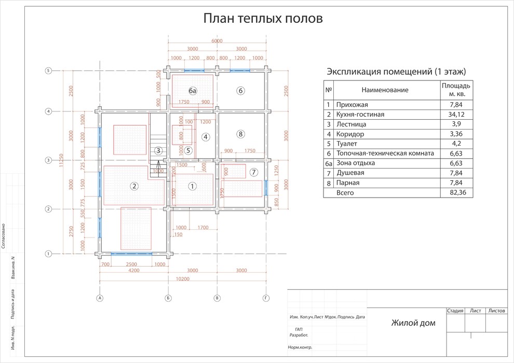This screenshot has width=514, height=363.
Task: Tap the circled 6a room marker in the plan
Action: click(x=193, y=91)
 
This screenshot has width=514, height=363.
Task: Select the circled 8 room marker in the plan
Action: click(x=240, y=134)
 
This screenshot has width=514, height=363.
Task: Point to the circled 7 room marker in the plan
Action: click(x=253, y=172)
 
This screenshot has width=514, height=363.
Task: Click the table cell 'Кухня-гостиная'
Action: click(x=360, y=114)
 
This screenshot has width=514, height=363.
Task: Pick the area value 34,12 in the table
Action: click(x=456, y=114)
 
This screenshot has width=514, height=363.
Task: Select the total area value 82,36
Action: click(x=456, y=193)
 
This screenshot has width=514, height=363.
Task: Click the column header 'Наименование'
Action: click(x=385, y=90)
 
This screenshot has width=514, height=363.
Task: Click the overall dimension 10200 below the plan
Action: click(x=182, y=279)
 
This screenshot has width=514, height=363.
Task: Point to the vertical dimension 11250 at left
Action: click(x=62, y=161)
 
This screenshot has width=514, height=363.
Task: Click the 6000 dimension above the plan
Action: click(x=217, y=41)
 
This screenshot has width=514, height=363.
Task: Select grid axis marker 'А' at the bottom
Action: click(x=99, y=298)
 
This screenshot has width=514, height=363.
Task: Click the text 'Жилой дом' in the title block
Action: click(x=413, y=324)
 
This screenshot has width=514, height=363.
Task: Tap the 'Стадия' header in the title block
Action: click(x=455, y=311)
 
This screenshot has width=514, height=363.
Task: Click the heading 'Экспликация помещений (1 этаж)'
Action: click(x=396, y=71)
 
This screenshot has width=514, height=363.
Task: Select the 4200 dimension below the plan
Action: click(x=133, y=271)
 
